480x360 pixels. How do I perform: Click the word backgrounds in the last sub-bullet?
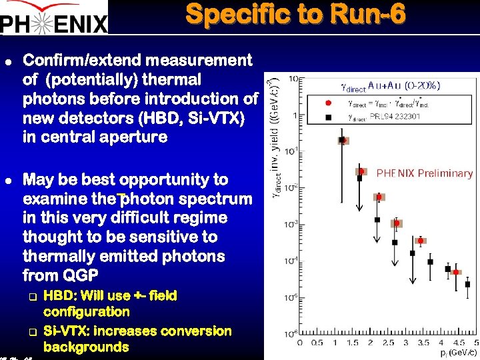click(86, 347)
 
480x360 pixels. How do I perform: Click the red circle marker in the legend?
click(327, 103)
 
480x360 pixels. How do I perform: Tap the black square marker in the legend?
click(327, 117)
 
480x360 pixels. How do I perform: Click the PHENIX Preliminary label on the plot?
click(425, 173)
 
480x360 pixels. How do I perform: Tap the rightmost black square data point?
click(465, 288)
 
